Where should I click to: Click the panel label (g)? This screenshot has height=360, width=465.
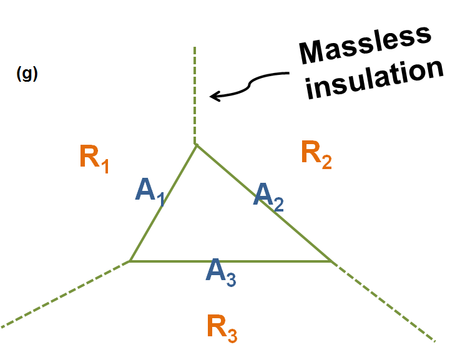click(27, 74)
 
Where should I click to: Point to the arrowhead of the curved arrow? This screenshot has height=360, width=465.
click(213, 96)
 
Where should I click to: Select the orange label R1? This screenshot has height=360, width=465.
click(94, 158)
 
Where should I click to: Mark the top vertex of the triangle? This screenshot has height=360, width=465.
click(196, 145)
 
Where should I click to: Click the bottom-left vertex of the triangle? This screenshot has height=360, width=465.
click(129, 261)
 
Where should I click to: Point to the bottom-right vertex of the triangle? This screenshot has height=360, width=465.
click(330, 261)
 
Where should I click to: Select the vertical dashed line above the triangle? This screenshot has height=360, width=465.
click(195, 94)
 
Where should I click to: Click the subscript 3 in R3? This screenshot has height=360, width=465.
click(232, 335)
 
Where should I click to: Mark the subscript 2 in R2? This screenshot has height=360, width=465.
click(326, 163)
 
